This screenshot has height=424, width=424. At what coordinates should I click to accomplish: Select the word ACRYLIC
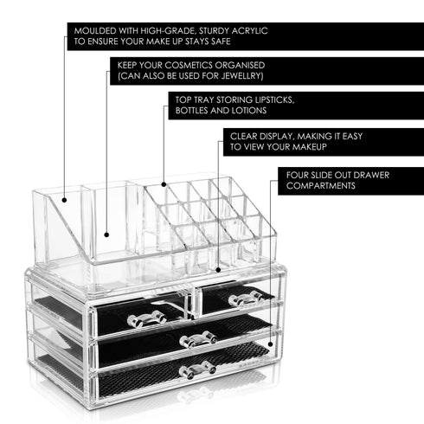click(x=248, y=30)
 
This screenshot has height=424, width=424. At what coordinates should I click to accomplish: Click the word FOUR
click(x=299, y=174)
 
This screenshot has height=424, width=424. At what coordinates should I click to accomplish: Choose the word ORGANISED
click(x=237, y=65)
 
